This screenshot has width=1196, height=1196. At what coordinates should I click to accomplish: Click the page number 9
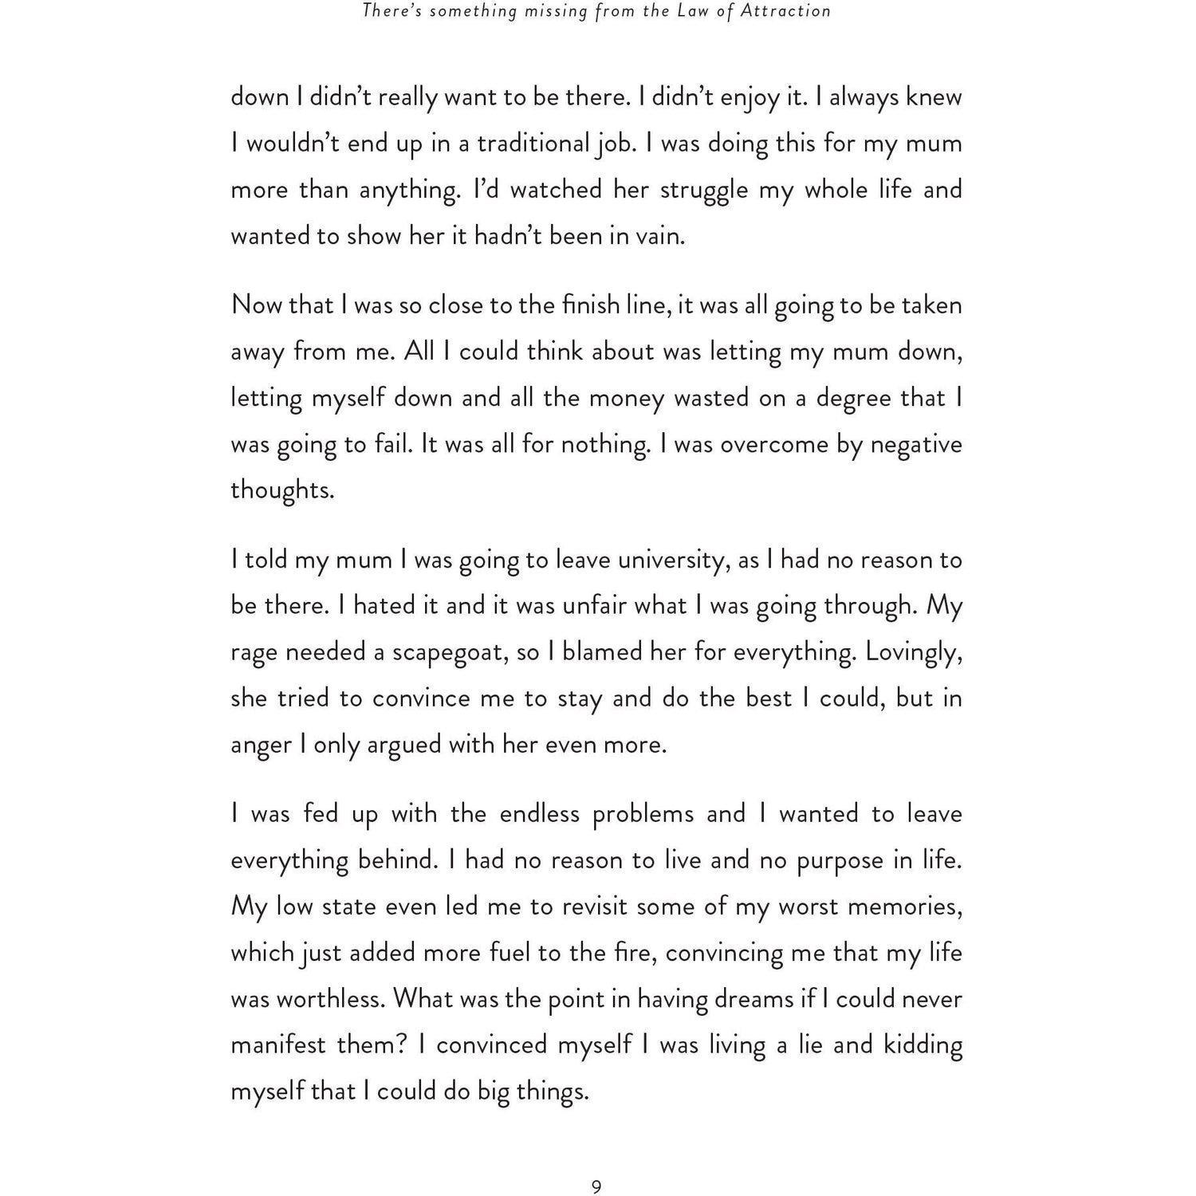[596, 1187]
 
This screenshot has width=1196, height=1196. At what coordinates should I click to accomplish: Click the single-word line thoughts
[281, 490]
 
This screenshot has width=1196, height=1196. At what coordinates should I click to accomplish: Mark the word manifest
[278, 1045]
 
